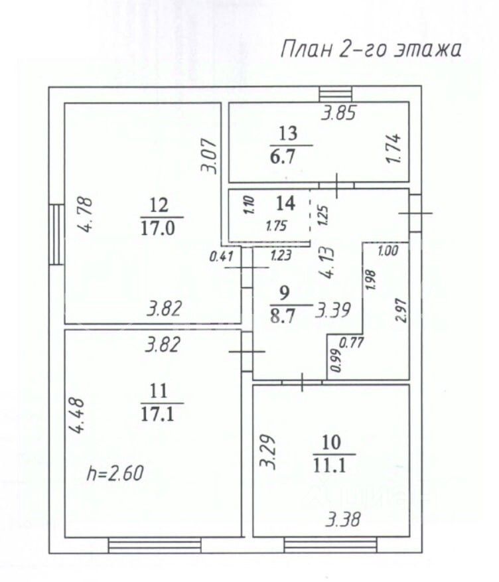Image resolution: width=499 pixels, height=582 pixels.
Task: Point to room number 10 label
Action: coord(334,443)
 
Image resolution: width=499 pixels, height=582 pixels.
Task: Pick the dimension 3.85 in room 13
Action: coord(339,113)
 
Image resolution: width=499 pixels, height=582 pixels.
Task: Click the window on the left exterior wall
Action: coord(56,234)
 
